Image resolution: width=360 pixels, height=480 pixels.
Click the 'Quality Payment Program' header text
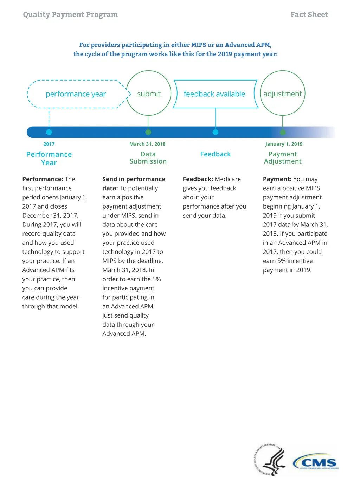coord(70,15)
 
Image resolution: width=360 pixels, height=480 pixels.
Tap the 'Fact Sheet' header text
coord(309,15)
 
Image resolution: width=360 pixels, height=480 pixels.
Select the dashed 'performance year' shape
coord(76,94)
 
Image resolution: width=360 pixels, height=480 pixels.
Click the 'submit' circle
coord(148,94)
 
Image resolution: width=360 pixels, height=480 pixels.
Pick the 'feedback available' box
coord(214,94)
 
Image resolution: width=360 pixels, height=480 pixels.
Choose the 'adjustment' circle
coord(282,94)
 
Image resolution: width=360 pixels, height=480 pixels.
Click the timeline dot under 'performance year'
coord(49,132)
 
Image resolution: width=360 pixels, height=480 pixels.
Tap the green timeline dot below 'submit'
coord(148,132)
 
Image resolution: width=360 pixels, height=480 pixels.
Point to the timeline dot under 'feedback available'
coord(216,132)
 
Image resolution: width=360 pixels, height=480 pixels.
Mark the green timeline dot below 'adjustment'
coord(283,133)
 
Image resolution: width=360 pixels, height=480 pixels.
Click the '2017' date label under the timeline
coord(49,144)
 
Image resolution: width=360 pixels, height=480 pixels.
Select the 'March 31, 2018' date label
coord(147,144)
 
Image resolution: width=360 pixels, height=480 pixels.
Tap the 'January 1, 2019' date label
coord(284,144)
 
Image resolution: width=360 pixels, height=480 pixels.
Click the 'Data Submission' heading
coord(148,158)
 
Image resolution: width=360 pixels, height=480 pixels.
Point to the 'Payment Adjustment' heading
coord(283,158)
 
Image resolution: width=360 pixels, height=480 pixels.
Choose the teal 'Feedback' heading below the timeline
coord(216,154)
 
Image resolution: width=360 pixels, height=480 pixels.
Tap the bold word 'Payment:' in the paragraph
coord(277,179)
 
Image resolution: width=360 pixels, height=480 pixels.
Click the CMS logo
coord(315,462)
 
